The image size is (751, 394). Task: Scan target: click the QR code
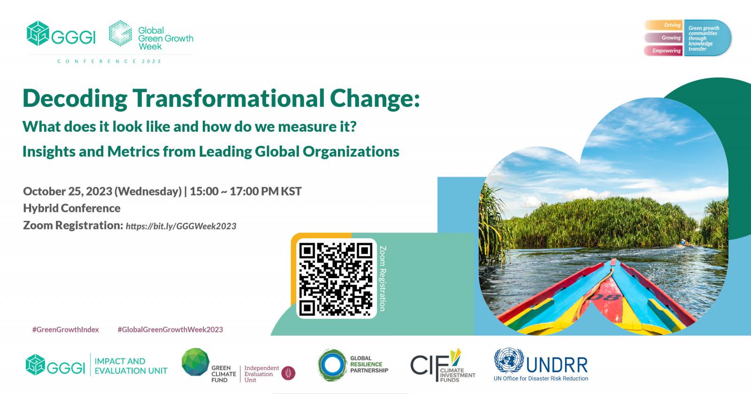point(336,278)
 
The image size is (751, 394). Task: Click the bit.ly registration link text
point(181,226)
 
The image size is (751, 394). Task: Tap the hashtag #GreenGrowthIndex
point(66,329)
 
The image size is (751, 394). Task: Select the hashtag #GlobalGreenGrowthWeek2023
point(170,329)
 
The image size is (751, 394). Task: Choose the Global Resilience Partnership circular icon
point(332,364)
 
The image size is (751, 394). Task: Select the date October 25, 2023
point(68,191)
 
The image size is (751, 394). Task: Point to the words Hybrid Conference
point(72,208)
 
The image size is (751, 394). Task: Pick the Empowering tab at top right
point(666,51)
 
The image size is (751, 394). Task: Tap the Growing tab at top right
point(671,38)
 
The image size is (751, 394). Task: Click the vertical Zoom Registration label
point(383,278)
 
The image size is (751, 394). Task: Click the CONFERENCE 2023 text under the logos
point(109,61)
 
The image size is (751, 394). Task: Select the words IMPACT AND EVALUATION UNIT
point(130,366)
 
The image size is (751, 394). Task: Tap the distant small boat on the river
point(683,243)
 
